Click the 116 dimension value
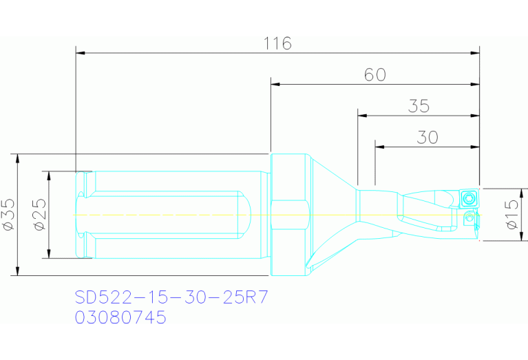[x=277, y=43]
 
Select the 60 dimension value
[x=374, y=75]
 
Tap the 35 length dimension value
[x=419, y=106]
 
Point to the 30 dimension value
[x=427, y=138]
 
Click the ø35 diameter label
[x=9, y=214]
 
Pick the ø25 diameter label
[x=39, y=214]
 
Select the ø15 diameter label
[x=511, y=214]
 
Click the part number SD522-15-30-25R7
[x=171, y=297]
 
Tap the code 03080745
[x=120, y=318]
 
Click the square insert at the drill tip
[x=469, y=198]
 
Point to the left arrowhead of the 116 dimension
[x=80, y=52]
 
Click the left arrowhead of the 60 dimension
[x=275, y=84]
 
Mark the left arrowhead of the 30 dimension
[x=379, y=147]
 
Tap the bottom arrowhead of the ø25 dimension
[x=48, y=255]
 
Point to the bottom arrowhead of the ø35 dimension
[x=17, y=271]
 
